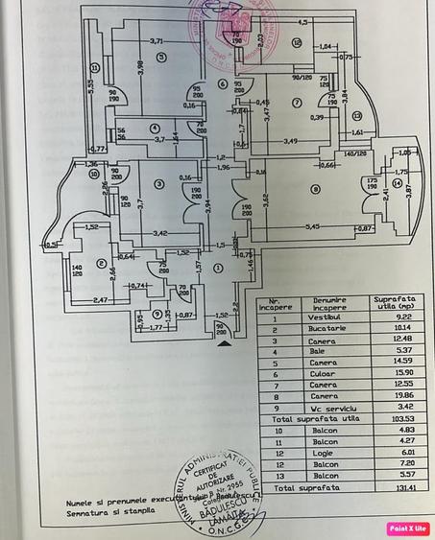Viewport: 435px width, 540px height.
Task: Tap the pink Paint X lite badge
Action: (408, 528)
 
